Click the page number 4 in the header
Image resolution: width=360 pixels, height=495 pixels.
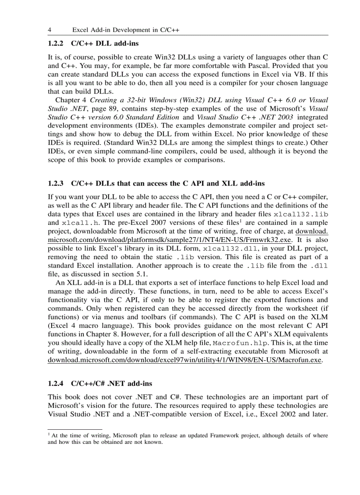pyautogui.click(x=49, y=30)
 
